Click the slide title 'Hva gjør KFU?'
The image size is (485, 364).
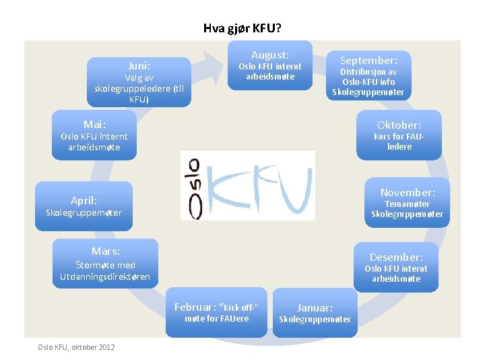pyautogui.click(x=243, y=28)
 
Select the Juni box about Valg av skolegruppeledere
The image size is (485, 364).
pyautogui.click(x=139, y=82)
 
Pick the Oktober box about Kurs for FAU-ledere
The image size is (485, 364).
pyautogui.click(x=399, y=135)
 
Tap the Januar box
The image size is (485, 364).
pyautogui.click(x=315, y=313)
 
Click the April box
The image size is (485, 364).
pyautogui.click(x=84, y=206)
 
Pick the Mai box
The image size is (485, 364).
pyautogui.click(x=94, y=135)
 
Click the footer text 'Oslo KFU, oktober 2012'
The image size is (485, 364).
pyautogui.click(x=76, y=347)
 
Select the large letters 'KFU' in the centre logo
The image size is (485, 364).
pyautogui.click(x=259, y=187)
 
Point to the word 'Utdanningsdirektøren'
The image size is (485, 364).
pyautogui.click(x=105, y=277)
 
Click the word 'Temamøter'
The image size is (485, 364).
pyautogui.click(x=407, y=204)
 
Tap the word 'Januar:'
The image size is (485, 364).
pyautogui.click(x=315, y=307)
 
